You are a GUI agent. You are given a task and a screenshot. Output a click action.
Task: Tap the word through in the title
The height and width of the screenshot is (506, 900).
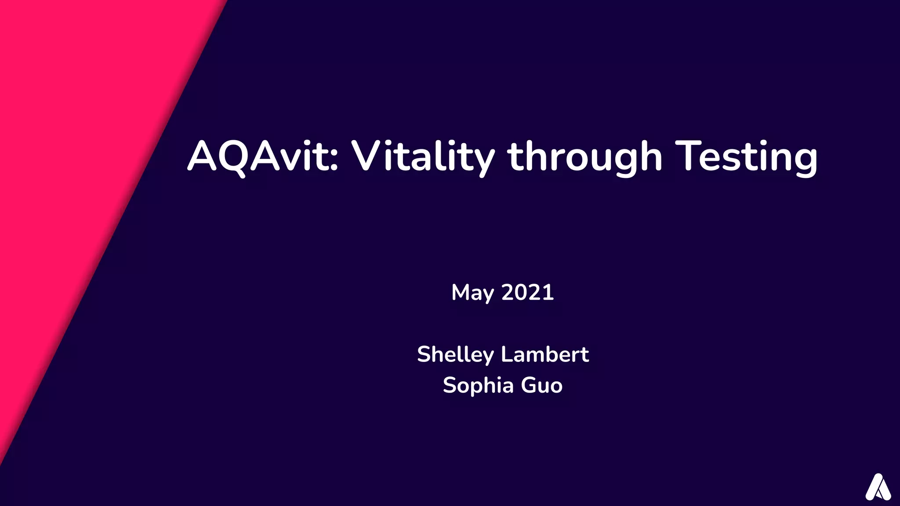click(584, 157)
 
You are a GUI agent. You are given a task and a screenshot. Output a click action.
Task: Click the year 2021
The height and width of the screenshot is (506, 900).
click(527, 293)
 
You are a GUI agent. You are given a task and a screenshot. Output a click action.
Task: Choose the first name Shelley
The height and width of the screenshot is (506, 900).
click(455, 355)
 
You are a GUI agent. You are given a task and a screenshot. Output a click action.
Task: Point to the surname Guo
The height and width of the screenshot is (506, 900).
click(541, 386)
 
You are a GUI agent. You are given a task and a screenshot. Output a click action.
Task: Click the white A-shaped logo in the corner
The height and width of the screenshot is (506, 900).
click(878, 487)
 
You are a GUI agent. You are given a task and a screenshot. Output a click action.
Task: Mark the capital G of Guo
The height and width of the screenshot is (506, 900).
click(529, 385)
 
